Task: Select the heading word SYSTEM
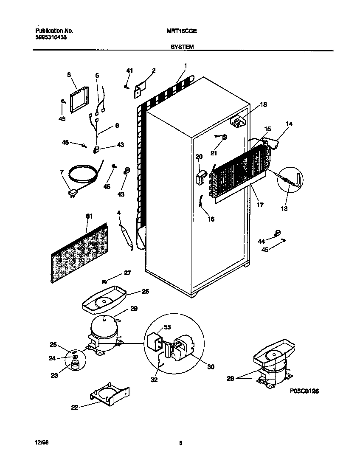point(182,48)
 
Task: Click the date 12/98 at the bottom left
point(41,443)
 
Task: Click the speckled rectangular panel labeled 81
point(79,254)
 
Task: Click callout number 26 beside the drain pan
point(146,292)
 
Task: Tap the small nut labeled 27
point(104,281)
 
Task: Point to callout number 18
point(263,105)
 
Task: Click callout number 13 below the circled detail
point(284,208)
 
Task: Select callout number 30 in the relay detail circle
point(211,367)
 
